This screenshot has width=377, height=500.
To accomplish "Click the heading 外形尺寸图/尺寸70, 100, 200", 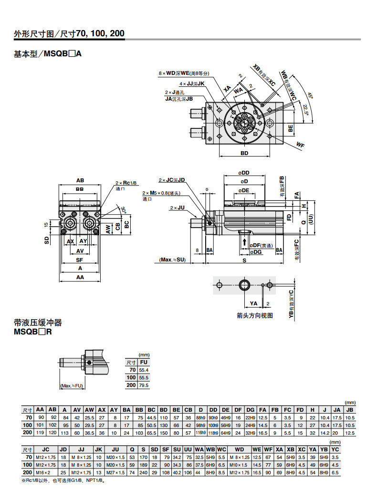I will pyautogui.click(x=69, y=33).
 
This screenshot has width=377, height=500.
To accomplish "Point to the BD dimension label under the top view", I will pyautogui.click(x=244, y=154).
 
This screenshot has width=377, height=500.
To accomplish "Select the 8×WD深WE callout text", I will pyautogui.click(x=184, y=73).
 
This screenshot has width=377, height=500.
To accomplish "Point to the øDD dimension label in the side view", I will pyautogui.click(x=244, y=173).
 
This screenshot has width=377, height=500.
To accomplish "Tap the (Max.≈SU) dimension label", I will pyautogui.click(x=173, y=260).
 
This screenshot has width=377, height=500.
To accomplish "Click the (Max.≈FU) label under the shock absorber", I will pyautogui.click(x=72, y=385).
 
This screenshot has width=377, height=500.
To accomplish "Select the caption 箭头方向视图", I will pyautogui.click(x=254, y=315).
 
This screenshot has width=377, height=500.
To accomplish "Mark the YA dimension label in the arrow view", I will pyautogui.click(x=253, y=303).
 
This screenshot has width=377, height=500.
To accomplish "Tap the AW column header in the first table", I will pyautogui.click(x=89, y=409).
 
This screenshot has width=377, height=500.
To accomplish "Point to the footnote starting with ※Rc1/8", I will pyautogui.click(x=63, y=480).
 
